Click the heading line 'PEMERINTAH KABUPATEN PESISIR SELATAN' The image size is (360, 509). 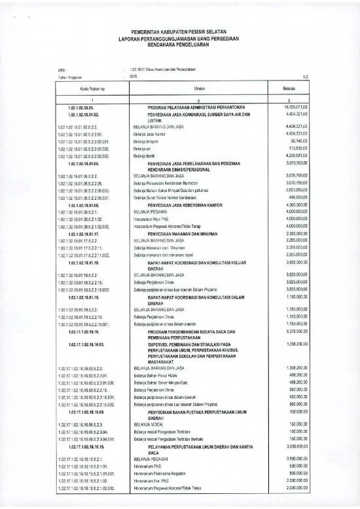[179, 31]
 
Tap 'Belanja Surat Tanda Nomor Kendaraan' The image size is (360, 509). [171, 197]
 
